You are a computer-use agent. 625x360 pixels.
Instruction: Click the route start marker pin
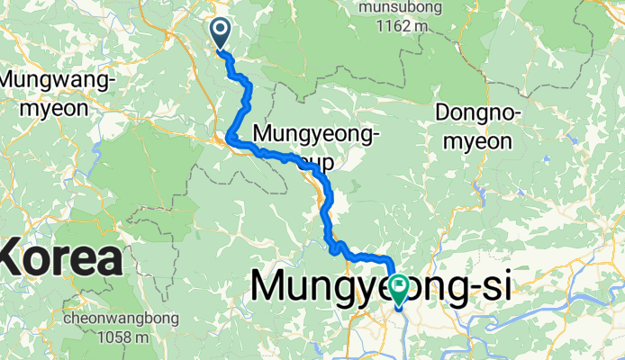click(221, 33)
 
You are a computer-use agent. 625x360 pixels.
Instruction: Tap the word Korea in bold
click(61, 258)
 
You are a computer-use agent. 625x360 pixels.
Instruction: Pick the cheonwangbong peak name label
click(122, 319)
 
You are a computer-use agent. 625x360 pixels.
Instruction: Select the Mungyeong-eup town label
click(318, 148)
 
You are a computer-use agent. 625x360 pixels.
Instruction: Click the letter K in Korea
click(15, 258)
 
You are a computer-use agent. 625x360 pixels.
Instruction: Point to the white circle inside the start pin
click(221, 29)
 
